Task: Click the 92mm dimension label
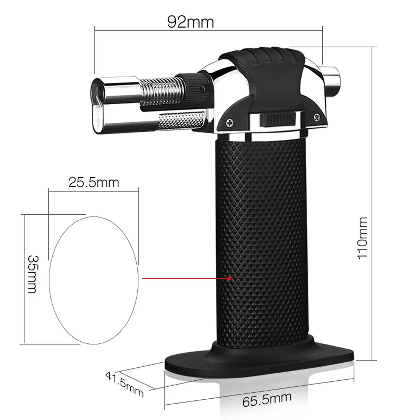[191, 22]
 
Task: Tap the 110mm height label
[362, 238]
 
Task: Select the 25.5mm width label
[94, 183]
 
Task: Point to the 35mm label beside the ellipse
[33, 274]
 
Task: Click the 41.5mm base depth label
[124, 384]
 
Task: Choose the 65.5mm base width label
[267, 399]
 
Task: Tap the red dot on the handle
[229, 279]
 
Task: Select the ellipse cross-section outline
[49, 280]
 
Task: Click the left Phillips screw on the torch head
[229, 123]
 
